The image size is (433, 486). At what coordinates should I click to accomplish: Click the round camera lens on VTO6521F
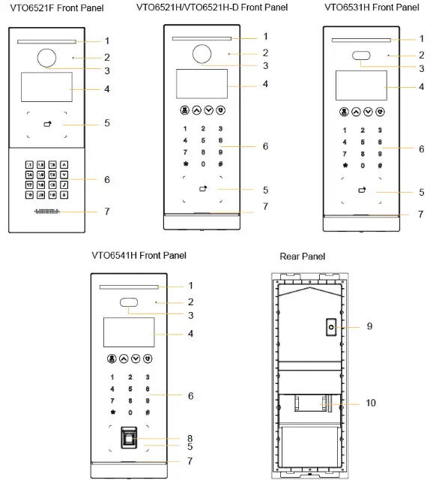pyautogui.click(x=47, y=58)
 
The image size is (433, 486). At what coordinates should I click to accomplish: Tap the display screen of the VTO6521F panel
pyautogui.click(x=47, y=88)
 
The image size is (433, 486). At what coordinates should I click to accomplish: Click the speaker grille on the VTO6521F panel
pyautogui.click(x=47, y=211)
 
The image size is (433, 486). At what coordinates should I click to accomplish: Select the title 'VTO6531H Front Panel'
pyautogui.click(x=372, y=7)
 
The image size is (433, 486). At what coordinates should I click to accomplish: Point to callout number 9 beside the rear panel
pyautogui.click(x=369, y=326)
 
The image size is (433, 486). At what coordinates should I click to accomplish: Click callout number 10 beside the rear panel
pyautogui.click(x=371, y=403)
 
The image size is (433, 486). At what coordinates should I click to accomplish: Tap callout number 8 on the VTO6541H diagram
pyautogui.click(x=190, y=438)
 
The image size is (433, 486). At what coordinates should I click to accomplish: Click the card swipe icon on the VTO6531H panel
pyautogui.click(x=362, y=190)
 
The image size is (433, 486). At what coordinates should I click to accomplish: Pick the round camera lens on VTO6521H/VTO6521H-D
pyautogui.click(x=202, y=54)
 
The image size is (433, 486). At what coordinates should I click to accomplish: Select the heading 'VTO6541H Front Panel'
pyautogui.click(x=139, y=255)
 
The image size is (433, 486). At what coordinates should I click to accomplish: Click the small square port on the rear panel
pyautogui.click(x=330, y=327)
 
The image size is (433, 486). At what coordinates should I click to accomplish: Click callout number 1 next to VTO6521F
pyautogui.click(x=107, y=40)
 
